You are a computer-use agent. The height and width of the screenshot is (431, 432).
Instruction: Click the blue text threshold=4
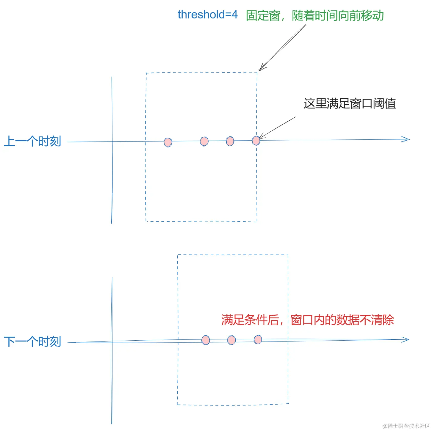point(207,15)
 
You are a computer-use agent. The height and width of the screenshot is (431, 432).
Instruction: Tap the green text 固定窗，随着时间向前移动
point(315,15)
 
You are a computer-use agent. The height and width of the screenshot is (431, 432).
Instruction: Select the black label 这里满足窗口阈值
point(350,103)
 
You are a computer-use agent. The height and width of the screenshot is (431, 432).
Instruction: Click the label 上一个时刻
point(32,141)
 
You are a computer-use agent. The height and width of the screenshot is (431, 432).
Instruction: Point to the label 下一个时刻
point(32,342)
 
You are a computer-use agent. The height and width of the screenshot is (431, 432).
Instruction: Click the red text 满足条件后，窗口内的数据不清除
point(307,320)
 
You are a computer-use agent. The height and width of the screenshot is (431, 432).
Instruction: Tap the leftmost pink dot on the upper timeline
point(168,142)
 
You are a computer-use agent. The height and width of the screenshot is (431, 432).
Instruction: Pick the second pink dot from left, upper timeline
point(204,141)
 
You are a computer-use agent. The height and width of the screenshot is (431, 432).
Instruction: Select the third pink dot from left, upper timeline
point(230,141)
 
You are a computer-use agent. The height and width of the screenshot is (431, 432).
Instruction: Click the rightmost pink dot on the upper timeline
point(256,140)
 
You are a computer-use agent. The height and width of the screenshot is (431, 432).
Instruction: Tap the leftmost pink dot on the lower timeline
point(206,340)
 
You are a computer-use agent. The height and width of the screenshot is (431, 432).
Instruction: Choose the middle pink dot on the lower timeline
point(231,340)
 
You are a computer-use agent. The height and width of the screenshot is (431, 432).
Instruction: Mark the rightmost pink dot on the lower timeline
point(258,339)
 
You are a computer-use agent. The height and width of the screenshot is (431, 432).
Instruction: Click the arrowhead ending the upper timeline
point(406,139)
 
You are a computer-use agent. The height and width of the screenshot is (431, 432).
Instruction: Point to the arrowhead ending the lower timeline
point(406,339)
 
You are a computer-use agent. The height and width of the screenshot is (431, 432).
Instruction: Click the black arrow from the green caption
point(283,48)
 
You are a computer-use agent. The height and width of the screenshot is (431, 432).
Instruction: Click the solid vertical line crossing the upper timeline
point(112,178)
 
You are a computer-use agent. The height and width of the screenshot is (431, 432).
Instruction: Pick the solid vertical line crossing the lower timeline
point(112,386)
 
